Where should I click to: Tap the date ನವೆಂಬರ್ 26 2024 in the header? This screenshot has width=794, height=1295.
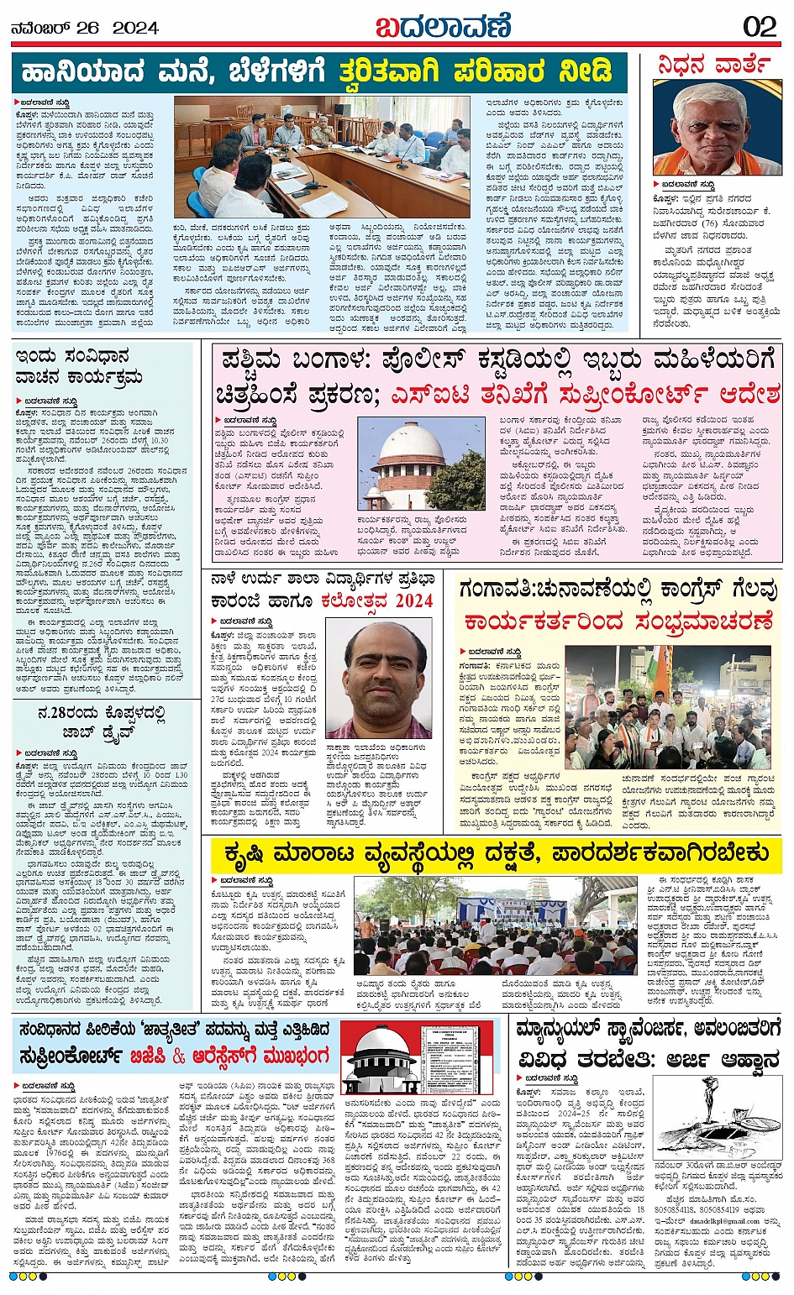[x=85, y=28]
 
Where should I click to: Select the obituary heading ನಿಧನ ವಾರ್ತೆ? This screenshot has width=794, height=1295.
[x=717, y=65]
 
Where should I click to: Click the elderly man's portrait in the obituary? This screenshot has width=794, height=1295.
[x=717, y=128]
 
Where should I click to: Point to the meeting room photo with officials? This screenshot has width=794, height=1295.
[x=322, y=156]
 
